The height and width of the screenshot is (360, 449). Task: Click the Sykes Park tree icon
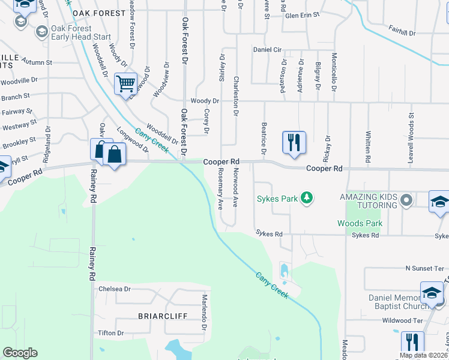pos(307,198)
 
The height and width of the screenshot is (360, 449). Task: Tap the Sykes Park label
pos(279,199)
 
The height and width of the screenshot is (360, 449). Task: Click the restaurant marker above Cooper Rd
pos(294,143)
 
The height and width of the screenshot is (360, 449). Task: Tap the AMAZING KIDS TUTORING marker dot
pos(407,200)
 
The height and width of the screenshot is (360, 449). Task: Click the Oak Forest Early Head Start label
pos(80,32)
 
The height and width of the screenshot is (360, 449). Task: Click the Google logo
pos(20,353)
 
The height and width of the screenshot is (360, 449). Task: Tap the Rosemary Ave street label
pos(220,188)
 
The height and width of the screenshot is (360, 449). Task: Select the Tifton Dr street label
pos(112,333)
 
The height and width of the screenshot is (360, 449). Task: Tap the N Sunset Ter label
pos(426,268)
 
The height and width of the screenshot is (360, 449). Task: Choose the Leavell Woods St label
pos(411,131)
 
